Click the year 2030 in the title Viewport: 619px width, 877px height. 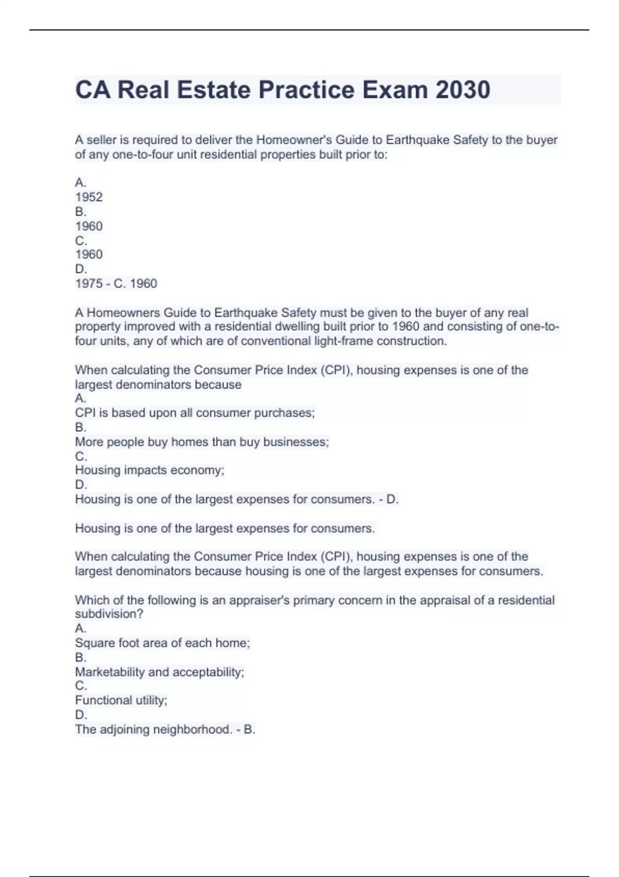tap(463, 90)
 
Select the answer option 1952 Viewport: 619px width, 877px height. tap(89, 197)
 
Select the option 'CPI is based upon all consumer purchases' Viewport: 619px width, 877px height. tap(194, 413)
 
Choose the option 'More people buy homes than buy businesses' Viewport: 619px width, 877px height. tap(202, 442)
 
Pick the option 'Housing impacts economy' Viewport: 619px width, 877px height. tap(150, 470)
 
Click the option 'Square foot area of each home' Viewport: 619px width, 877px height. tap(162, 643)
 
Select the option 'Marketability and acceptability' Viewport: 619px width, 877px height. tap(159, 672)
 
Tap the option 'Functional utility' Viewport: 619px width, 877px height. tap(121, 701)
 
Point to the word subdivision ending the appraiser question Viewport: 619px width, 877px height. tap(109, 614)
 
